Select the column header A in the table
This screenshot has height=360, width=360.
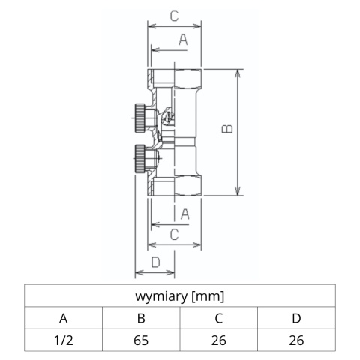point(63,318)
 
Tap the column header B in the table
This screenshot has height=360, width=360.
point(141,318)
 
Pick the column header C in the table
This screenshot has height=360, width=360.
point(219,318)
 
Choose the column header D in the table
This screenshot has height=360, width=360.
point(296,318)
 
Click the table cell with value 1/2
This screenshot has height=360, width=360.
point(63,340)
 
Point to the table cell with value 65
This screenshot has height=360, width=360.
point(141,340)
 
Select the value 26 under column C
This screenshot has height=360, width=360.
point(219,340)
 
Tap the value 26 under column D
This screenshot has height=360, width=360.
point(296,340)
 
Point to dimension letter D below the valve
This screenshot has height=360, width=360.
point(155,261)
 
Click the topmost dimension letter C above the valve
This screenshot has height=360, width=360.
point(173,15)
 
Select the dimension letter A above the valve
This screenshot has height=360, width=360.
point(183,40)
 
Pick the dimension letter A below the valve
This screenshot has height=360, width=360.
point(183,214)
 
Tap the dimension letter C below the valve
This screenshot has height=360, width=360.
point(173,235)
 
